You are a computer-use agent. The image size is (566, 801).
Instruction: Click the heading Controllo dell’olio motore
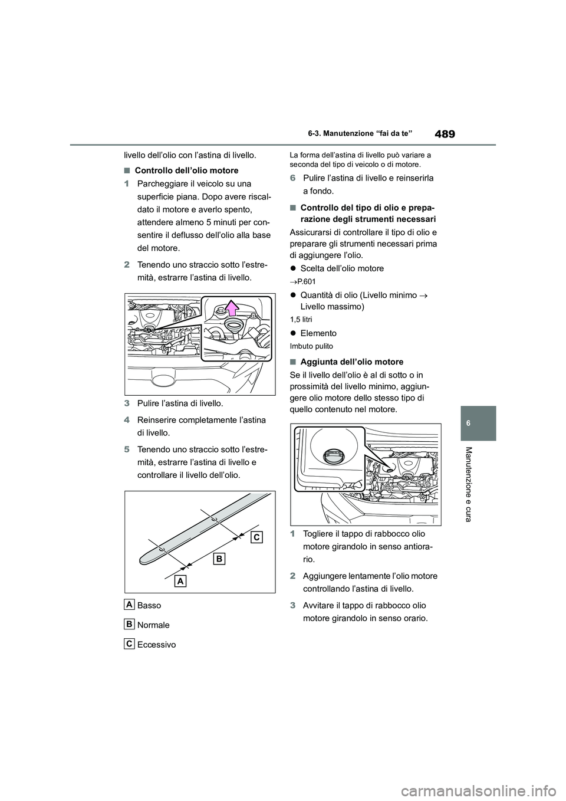186,170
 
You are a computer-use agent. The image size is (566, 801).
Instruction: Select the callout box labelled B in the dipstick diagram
219,558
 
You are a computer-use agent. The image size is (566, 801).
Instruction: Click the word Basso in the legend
149,605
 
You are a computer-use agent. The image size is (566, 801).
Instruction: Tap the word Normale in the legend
153,625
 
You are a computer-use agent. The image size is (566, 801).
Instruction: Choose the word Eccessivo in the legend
156,645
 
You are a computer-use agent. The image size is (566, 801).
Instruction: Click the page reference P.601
307,281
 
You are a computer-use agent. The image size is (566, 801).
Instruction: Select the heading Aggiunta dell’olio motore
351,362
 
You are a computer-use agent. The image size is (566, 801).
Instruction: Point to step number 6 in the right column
293,178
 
